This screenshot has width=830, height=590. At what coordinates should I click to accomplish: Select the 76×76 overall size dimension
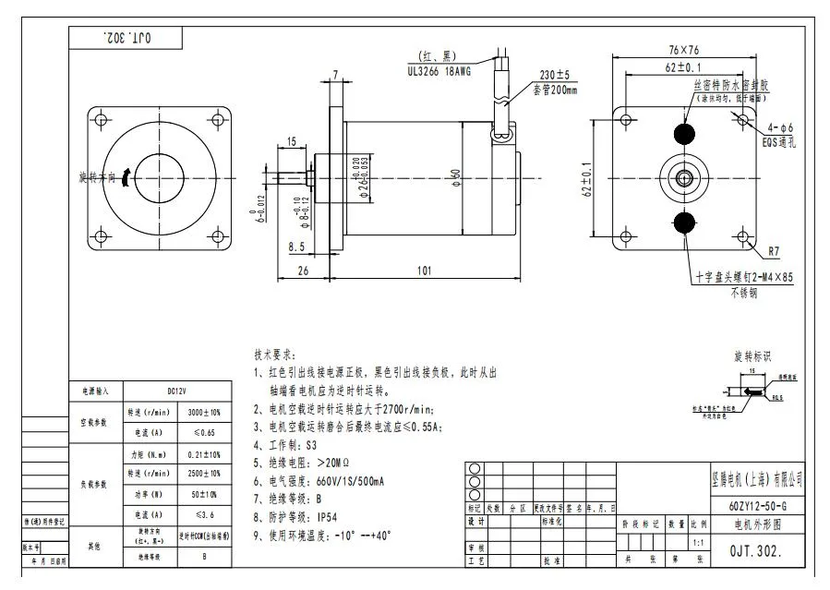683,50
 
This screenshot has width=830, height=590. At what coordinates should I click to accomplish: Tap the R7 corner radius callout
774,250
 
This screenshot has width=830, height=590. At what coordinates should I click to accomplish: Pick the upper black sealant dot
684,133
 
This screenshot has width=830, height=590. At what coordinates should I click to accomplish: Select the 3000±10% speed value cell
203,412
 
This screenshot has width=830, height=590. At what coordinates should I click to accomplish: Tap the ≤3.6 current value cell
203,514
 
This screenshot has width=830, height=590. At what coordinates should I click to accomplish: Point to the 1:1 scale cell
698,543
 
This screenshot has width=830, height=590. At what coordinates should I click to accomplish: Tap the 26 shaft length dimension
302,271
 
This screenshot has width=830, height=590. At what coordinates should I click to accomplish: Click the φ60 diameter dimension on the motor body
455,175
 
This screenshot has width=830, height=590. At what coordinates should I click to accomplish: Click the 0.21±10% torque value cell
203,454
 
